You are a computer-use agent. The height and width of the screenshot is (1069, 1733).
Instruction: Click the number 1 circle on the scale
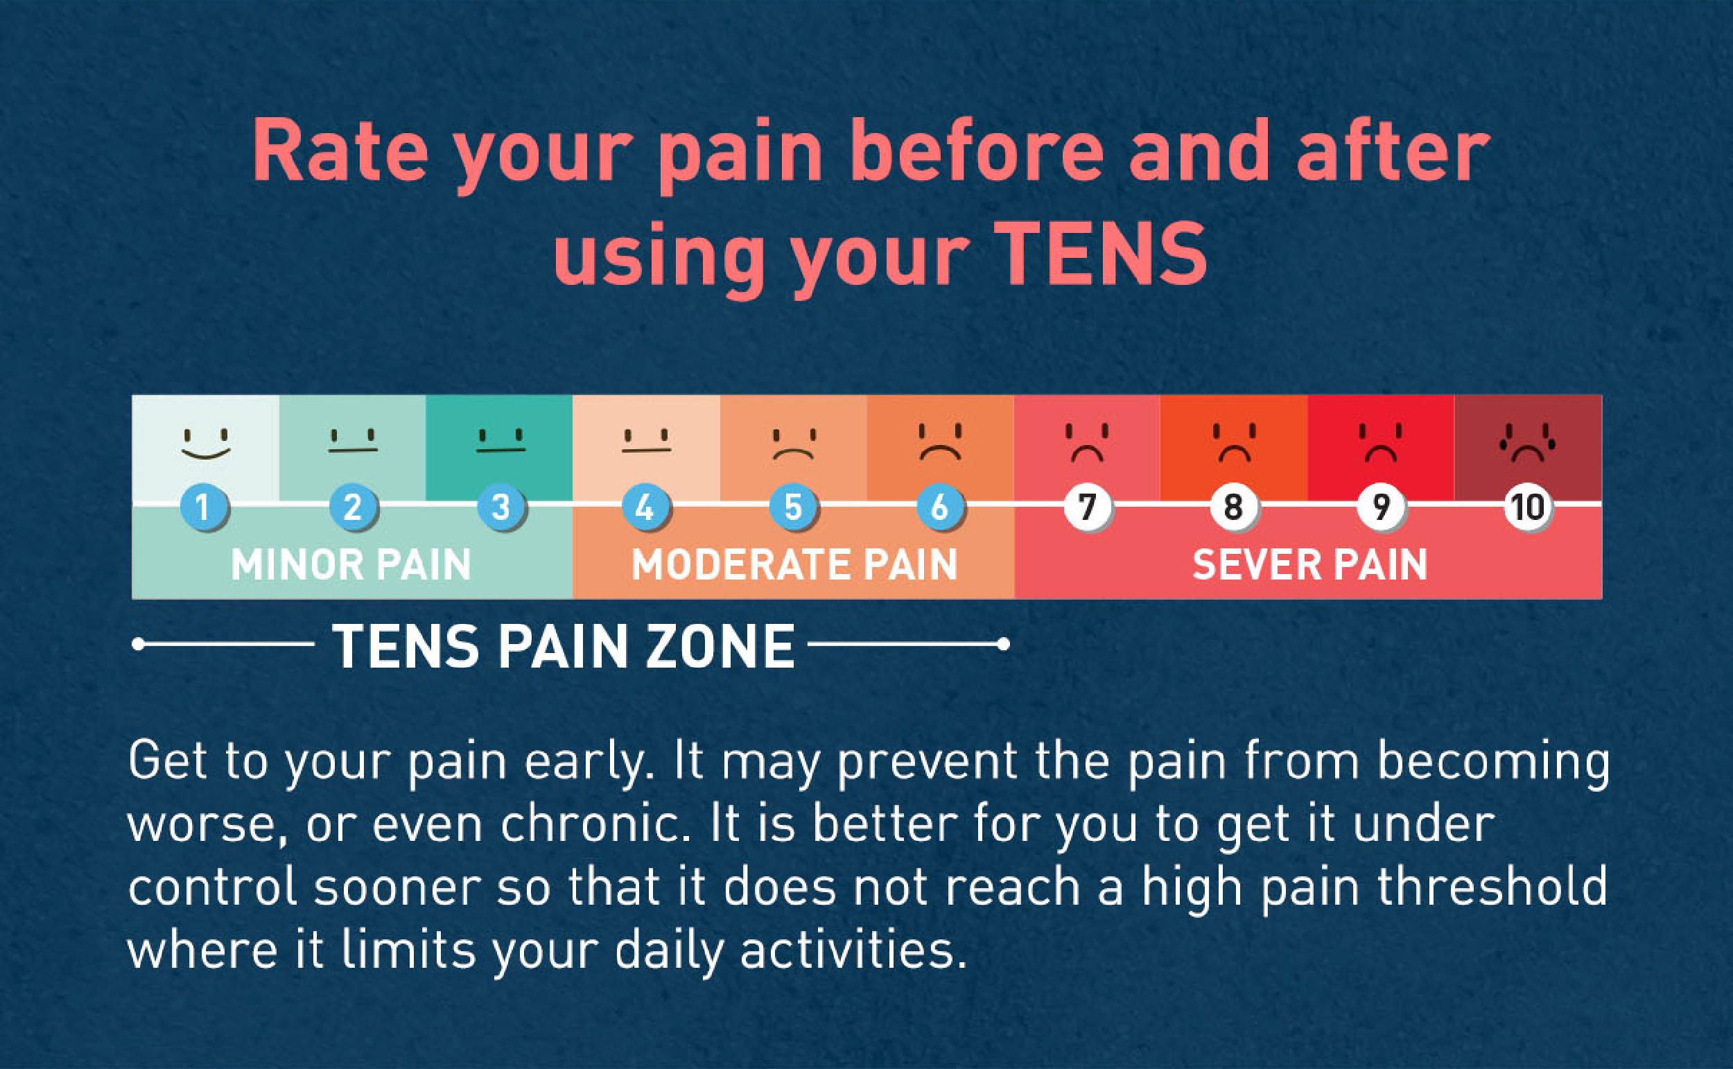[204, 507]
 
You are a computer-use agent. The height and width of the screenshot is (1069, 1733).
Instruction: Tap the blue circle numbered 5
[792, 507]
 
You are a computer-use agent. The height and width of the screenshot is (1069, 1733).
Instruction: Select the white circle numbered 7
[1087, 507]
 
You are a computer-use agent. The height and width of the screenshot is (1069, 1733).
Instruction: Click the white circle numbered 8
[1233, 507]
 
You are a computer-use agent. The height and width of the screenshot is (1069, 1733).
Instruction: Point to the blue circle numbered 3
[500, 507]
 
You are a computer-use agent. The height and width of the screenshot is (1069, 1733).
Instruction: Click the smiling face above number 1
[206, 443]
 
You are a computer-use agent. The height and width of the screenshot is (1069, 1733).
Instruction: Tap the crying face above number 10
[1527, 442]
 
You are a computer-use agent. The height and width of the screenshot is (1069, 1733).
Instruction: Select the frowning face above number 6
[940, 442]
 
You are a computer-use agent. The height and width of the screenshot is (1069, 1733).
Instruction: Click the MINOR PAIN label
[351, 565]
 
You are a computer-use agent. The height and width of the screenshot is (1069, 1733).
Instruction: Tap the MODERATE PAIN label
[794, 565]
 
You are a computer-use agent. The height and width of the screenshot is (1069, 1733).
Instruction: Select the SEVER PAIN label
[1309, 565]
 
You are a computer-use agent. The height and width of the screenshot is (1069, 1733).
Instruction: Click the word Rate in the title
[340, 152]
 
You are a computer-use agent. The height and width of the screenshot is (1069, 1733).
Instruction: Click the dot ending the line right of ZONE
[1003, 644]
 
